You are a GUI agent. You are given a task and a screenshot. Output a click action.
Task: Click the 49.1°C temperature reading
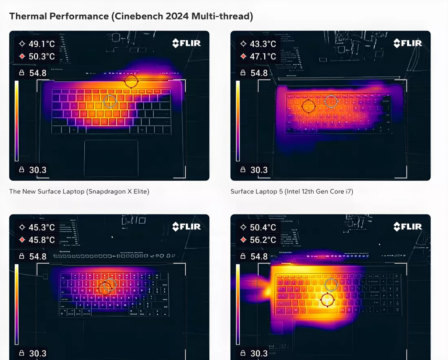[x=41, y=44]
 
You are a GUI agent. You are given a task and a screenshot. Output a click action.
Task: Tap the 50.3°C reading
[x=41, y=56]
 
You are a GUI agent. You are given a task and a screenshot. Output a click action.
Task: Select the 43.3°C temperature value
[x=263, y=44]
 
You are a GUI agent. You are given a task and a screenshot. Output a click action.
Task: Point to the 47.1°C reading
[x=263, y=56]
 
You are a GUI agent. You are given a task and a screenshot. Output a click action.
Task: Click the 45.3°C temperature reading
[x=41, y=227]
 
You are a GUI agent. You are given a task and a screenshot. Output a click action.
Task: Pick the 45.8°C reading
[x=41, y=240]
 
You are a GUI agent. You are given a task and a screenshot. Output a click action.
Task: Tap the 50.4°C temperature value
[x=263, y=227]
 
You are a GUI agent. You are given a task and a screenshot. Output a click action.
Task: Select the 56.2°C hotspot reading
[x=263, y=240]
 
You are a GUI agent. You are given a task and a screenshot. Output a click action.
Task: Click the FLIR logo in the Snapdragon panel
[x=186, y=43]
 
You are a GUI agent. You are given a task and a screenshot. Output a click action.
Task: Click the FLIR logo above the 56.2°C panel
[x=408, y=226]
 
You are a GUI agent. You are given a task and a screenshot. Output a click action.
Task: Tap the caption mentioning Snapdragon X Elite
[x=79, y=191]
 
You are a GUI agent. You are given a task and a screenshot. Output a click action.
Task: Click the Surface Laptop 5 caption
[x=292, y=191]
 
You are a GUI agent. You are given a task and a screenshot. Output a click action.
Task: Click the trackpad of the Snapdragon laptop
[x=111, y=158]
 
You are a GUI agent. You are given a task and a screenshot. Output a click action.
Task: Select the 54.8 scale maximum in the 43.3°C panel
[x=259, y=73]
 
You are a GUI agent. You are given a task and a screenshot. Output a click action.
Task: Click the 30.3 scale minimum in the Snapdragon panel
[x=37, y=170]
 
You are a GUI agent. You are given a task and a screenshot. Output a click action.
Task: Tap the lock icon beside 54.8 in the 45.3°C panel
[x=22, y=256]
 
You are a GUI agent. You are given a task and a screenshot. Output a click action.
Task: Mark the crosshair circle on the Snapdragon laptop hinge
[x=131, y=81]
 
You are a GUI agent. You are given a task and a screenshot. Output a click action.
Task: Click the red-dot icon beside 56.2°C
[x=243, y=240]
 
